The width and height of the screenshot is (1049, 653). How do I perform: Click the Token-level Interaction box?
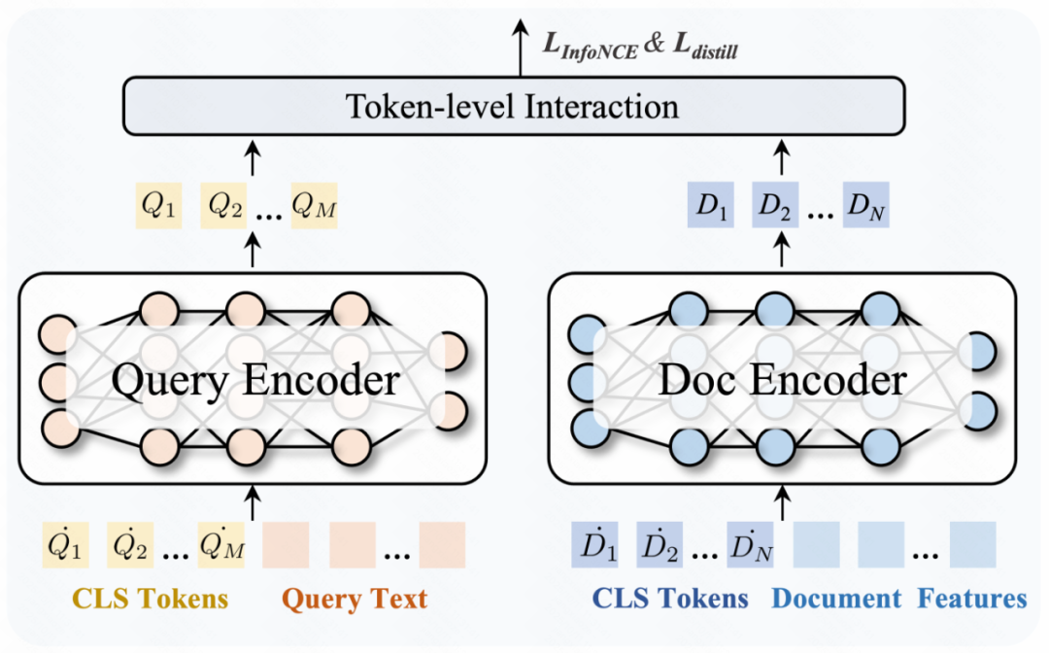(514, 106)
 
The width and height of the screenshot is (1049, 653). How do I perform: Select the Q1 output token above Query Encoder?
(156, 207)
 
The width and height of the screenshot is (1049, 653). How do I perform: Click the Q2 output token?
(225, 207)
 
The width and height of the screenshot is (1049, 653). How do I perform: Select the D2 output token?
(775, 207)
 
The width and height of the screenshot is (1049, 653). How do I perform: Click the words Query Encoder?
(254, 379)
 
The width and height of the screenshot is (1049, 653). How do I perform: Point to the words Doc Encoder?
(782, 379)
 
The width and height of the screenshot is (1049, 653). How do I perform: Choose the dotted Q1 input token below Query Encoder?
(63, 544)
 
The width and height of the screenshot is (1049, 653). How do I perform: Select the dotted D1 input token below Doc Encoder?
(594, 544)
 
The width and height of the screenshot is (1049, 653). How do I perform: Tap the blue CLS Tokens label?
(671, 599)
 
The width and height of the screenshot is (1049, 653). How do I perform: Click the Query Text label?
(354, 599)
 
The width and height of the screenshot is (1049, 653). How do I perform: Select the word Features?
(972, 599)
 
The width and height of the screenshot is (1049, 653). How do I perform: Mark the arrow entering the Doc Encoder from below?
(782, 502)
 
